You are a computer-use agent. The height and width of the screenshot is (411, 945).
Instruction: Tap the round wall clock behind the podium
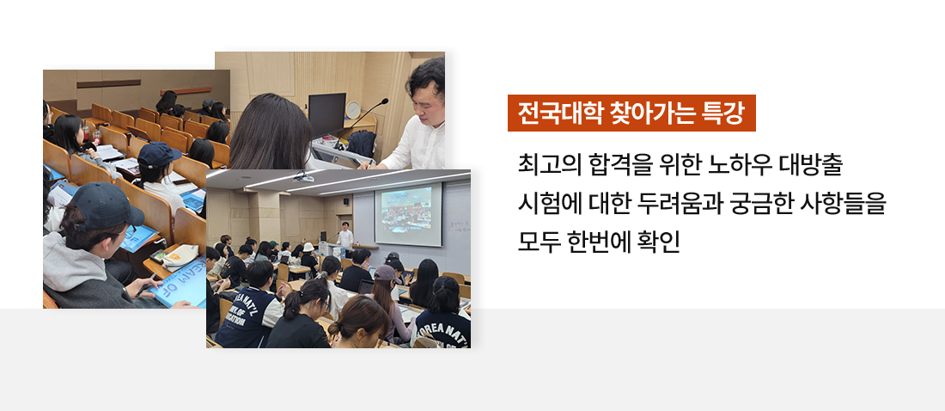coord(352,110)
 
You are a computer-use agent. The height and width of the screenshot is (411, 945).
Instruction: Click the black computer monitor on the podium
coord(326,114)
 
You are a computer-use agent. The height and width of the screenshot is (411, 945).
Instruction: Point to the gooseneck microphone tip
coord(385,101)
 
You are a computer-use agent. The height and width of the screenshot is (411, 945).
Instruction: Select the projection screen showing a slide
coord(408,214)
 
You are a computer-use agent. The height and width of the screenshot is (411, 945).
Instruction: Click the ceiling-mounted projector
coord(303,177)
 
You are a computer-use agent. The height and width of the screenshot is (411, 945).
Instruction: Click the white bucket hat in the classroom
coord(308,247)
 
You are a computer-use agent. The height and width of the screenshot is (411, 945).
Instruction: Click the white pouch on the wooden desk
coord(180,256)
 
